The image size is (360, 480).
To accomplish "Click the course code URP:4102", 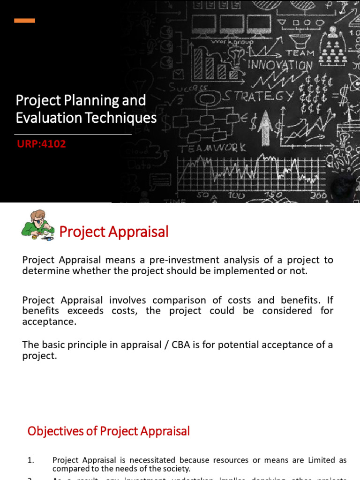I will [x=41, y=144].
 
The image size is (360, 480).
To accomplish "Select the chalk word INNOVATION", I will [x=280, y=65].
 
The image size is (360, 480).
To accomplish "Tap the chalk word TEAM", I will [x=300, y=53].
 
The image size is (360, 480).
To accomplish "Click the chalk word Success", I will [x=188, y=87].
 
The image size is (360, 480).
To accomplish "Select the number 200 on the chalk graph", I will [x=320, y=195].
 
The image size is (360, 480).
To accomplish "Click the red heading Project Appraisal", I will [x=113, y=232].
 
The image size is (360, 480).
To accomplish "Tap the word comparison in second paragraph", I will [x=175, y=300].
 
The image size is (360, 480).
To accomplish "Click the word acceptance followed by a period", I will [x=49, y=322].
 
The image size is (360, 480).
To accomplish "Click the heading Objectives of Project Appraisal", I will [x=109, y=431].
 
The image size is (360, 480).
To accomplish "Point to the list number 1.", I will [x=31, y=460].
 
